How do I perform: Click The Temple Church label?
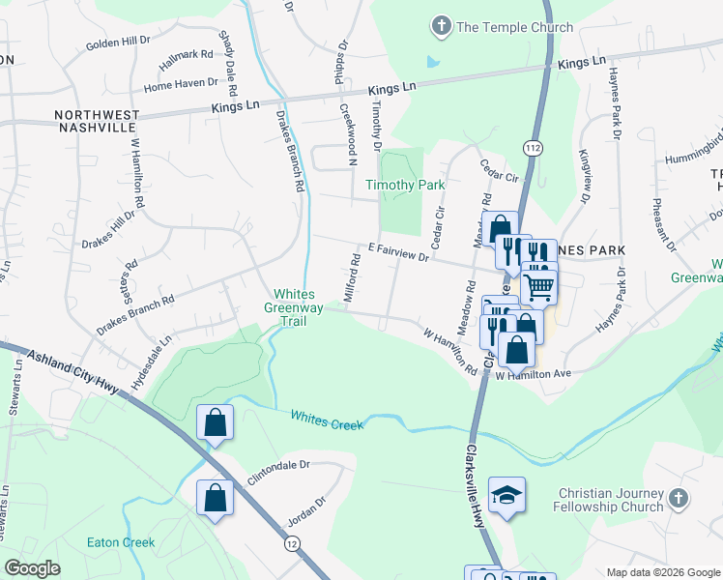tap(514, 28)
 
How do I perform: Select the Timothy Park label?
tap(404, 185)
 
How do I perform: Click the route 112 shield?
tap(532, 146)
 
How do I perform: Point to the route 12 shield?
tap(292, 545)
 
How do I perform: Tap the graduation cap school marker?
tap(506, 496)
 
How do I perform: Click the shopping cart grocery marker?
tap(539, 285)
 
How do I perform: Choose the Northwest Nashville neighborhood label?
tap(96, 122)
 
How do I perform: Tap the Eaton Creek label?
tap(121, 542)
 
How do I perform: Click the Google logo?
tap(32, 568)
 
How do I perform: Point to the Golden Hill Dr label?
tap(118, 43)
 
